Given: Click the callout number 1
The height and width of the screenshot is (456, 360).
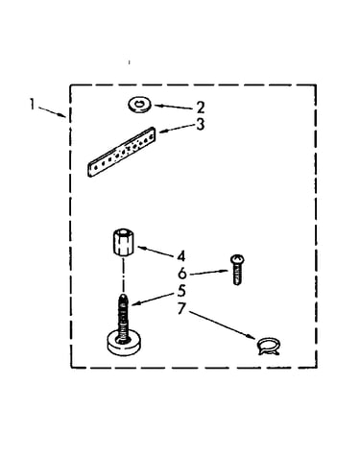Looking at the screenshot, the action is click(32, 105).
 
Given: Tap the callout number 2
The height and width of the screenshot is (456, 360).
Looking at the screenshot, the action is click(201, 108).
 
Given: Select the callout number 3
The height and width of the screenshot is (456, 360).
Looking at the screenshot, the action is click(201, 125).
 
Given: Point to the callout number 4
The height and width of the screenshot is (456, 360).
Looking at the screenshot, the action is click(180, 256).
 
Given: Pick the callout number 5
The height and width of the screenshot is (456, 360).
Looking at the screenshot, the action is click(181, 291).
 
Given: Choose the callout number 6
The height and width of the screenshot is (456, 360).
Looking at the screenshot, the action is click(181, 274).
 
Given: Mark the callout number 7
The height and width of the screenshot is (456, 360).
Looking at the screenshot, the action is click(181, 308).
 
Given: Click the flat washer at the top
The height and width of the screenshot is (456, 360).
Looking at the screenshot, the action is click(140, 106).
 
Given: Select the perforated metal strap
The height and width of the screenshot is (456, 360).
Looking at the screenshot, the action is click(121, 152).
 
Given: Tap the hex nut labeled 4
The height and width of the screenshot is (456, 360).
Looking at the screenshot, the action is click(123, 242).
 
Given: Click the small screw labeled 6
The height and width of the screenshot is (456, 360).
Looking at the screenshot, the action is click(237, 270).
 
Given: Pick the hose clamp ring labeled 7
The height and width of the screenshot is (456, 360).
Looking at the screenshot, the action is click(268, 347).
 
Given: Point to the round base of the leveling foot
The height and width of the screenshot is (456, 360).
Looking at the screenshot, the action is click(124, 344).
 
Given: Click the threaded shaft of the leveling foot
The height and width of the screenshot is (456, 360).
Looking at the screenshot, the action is click(124, 317).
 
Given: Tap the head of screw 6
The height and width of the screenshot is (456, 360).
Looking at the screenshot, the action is click(237, 258).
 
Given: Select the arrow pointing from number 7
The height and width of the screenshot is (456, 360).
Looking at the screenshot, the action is click(222, 324).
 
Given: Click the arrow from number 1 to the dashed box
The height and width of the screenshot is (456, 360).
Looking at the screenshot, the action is click(52, 112).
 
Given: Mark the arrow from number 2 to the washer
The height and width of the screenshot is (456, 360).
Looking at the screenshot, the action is click(174, 107).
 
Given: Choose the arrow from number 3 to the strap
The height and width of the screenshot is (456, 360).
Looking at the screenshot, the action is click(177, 128).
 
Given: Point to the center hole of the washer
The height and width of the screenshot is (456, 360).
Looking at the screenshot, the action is click(139, 103).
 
